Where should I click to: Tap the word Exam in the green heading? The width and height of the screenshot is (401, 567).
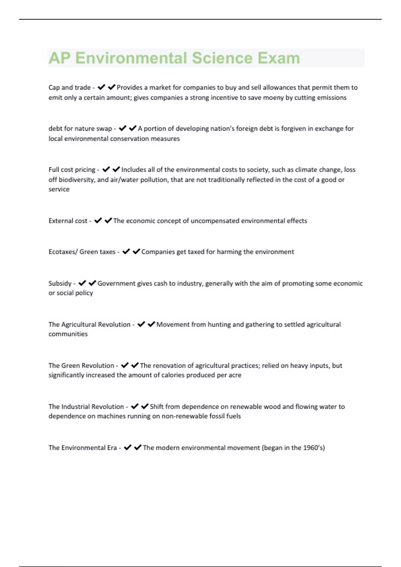tap(279, 58)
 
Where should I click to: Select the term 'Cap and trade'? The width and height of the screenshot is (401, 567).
tap(70, 87)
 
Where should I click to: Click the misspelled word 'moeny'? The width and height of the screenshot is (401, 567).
tap(274, 98)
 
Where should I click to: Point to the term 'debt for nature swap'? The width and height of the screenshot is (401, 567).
tap(80, 129)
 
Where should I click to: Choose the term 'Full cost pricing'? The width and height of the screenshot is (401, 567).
tap(72, 170)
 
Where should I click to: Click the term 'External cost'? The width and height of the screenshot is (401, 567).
tap(68, 221)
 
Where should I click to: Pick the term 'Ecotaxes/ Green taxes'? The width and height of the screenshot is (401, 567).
tap(82, 252)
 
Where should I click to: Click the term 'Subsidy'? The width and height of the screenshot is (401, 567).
tap(60, 283)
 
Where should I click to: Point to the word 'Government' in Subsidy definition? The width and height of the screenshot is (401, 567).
tap(116, 283)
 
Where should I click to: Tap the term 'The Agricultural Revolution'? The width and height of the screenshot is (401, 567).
tap(89, 325)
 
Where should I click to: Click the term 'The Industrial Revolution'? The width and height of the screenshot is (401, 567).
tap(86, 407)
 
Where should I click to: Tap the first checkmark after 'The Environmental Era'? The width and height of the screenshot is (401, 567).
tap(127, 448)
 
